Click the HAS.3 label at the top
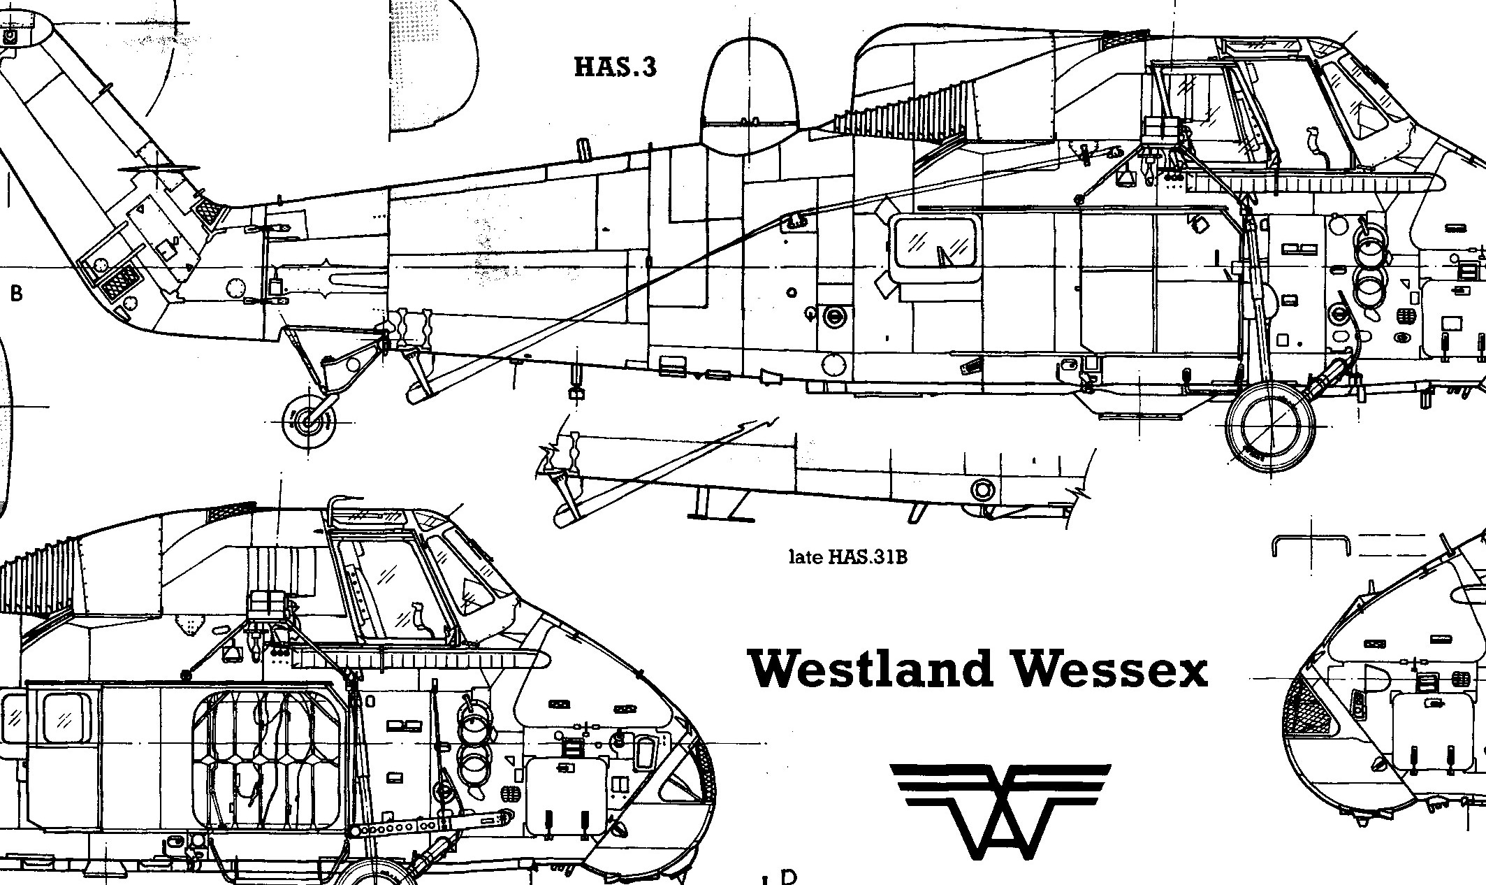tap(615, 67)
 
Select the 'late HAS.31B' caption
tap(847, 557)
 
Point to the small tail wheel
tap(308, 421)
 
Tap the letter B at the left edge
tap(16, 293)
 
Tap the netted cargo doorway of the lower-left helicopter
tap(269, 769)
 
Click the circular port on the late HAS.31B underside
tap(982, 489)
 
